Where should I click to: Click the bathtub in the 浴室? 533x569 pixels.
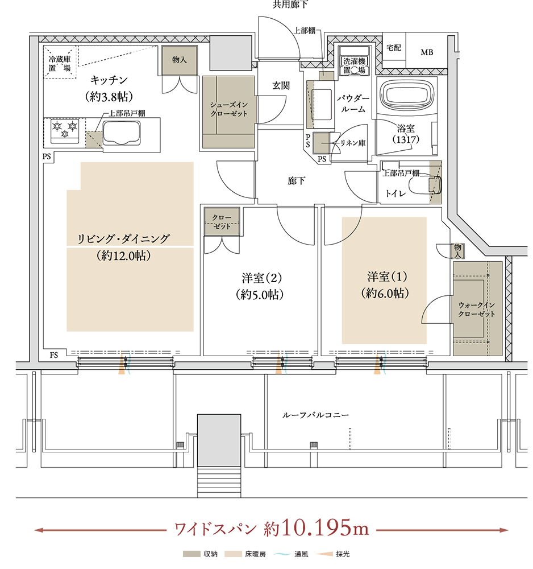[406, 93]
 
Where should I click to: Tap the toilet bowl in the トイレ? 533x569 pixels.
[424, 185]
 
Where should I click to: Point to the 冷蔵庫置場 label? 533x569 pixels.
[60, 63]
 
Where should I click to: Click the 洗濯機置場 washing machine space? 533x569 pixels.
[354, 61]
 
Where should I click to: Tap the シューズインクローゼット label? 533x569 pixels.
[229, 109]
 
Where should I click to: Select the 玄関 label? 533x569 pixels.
[281, 86]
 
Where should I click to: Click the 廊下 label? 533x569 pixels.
[297, 181]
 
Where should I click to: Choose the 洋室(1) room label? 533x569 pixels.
[385, 285]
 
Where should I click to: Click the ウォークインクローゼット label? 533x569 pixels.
[476, 310]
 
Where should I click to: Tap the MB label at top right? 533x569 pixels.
[427, 52]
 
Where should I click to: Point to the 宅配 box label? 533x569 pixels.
[394, 48]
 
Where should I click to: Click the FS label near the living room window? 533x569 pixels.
[53, 355]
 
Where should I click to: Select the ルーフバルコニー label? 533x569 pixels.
[315, 415]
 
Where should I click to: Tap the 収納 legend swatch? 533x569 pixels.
[191, 554]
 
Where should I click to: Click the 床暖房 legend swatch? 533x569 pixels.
[233, 554]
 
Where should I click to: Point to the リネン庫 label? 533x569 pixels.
[353, 143]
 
